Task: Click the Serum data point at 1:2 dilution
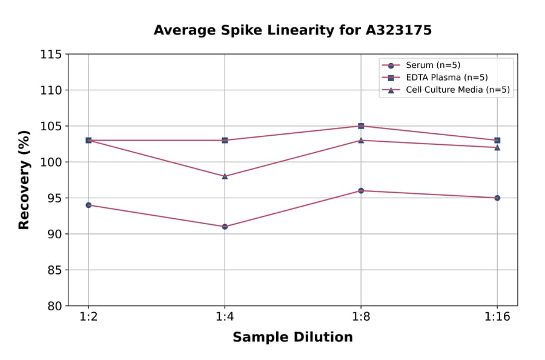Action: click(88, 205)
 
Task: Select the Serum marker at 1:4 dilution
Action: click(225, 227)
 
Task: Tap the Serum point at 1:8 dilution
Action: click(361, 191)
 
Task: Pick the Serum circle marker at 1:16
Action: click(497, 198)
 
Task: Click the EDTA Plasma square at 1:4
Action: click(225, 140)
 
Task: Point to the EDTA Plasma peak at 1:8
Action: click(361, 126)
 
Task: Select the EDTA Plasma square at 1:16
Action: click(497, 140)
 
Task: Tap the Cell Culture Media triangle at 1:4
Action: click(225, 176)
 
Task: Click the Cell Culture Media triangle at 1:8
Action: click(361, 141)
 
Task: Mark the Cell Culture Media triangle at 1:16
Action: click(497, 147)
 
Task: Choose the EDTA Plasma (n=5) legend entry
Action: click(446, 78)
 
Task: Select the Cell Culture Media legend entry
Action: click(457, 90)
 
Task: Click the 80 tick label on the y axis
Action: click(54, 306)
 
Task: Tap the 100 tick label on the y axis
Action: click(51, 162)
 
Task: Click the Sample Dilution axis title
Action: click(292, 338)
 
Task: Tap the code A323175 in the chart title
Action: click(398, 30)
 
